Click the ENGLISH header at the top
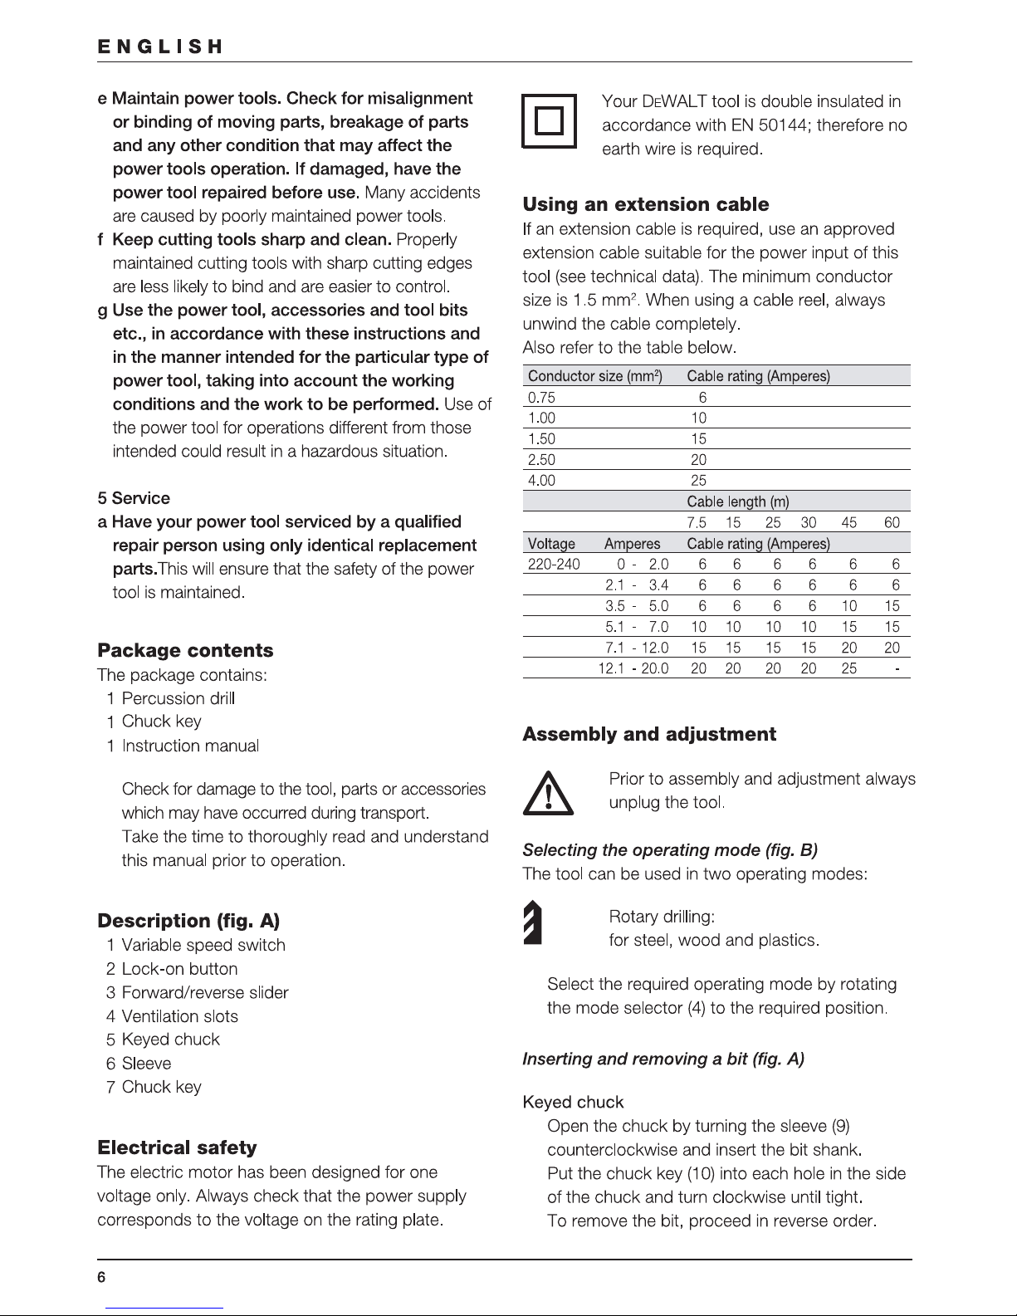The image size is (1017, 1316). coord(159,46)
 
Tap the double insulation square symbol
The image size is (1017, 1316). coord(549,122)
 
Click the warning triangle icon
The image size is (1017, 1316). coord(547,792)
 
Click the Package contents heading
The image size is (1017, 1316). coord(185,650)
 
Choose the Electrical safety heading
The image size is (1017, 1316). coord(177,1147)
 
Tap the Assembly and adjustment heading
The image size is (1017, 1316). coord(648,734)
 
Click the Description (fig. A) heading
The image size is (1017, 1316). coord(188,921)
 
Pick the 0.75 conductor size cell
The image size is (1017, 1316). coord(542,397)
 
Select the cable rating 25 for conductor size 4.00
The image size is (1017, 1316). coord(698,480)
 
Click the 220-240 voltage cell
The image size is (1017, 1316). coord(554,565)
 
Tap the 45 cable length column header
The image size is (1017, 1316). coord(849,523)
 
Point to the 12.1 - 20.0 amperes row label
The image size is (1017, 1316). coord(633,668)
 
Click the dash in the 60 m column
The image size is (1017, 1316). coord(897,668)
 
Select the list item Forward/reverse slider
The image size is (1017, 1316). coord(205,992)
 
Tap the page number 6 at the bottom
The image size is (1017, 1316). coord(101,1279)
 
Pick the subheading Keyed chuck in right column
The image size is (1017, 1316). coord(573,1102)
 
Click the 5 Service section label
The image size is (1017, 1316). coord(134,498)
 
